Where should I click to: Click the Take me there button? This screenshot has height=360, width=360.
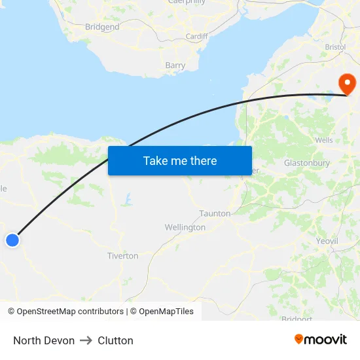coord(180,160)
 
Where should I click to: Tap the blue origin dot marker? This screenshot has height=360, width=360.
coord(12,240)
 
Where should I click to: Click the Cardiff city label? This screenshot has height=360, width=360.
coord(196,37)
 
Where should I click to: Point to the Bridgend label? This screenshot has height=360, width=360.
coord(102,27)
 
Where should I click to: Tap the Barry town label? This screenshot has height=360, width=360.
coord(175,65)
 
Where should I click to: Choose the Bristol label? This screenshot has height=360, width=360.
coord(335,47)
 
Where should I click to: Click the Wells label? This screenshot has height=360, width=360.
coord(324,140)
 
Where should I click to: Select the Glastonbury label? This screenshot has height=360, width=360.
coord(306,163)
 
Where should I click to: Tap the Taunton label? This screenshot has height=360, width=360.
coord(215,213)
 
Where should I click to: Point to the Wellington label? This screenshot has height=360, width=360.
coord(185,228)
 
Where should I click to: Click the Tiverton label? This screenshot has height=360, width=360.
coord(123,256)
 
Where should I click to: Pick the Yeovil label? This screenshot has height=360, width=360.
coord(327,241)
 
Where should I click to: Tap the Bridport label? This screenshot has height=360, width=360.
coord(297,319)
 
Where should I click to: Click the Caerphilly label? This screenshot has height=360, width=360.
coord(187,2)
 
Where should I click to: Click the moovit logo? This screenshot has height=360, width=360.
coord(321,340)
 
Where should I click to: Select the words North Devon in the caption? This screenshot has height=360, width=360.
coord(44,340)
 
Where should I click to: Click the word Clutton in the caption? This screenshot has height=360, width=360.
coord(115,340)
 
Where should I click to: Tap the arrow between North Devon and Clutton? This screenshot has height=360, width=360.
coord(86,340)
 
